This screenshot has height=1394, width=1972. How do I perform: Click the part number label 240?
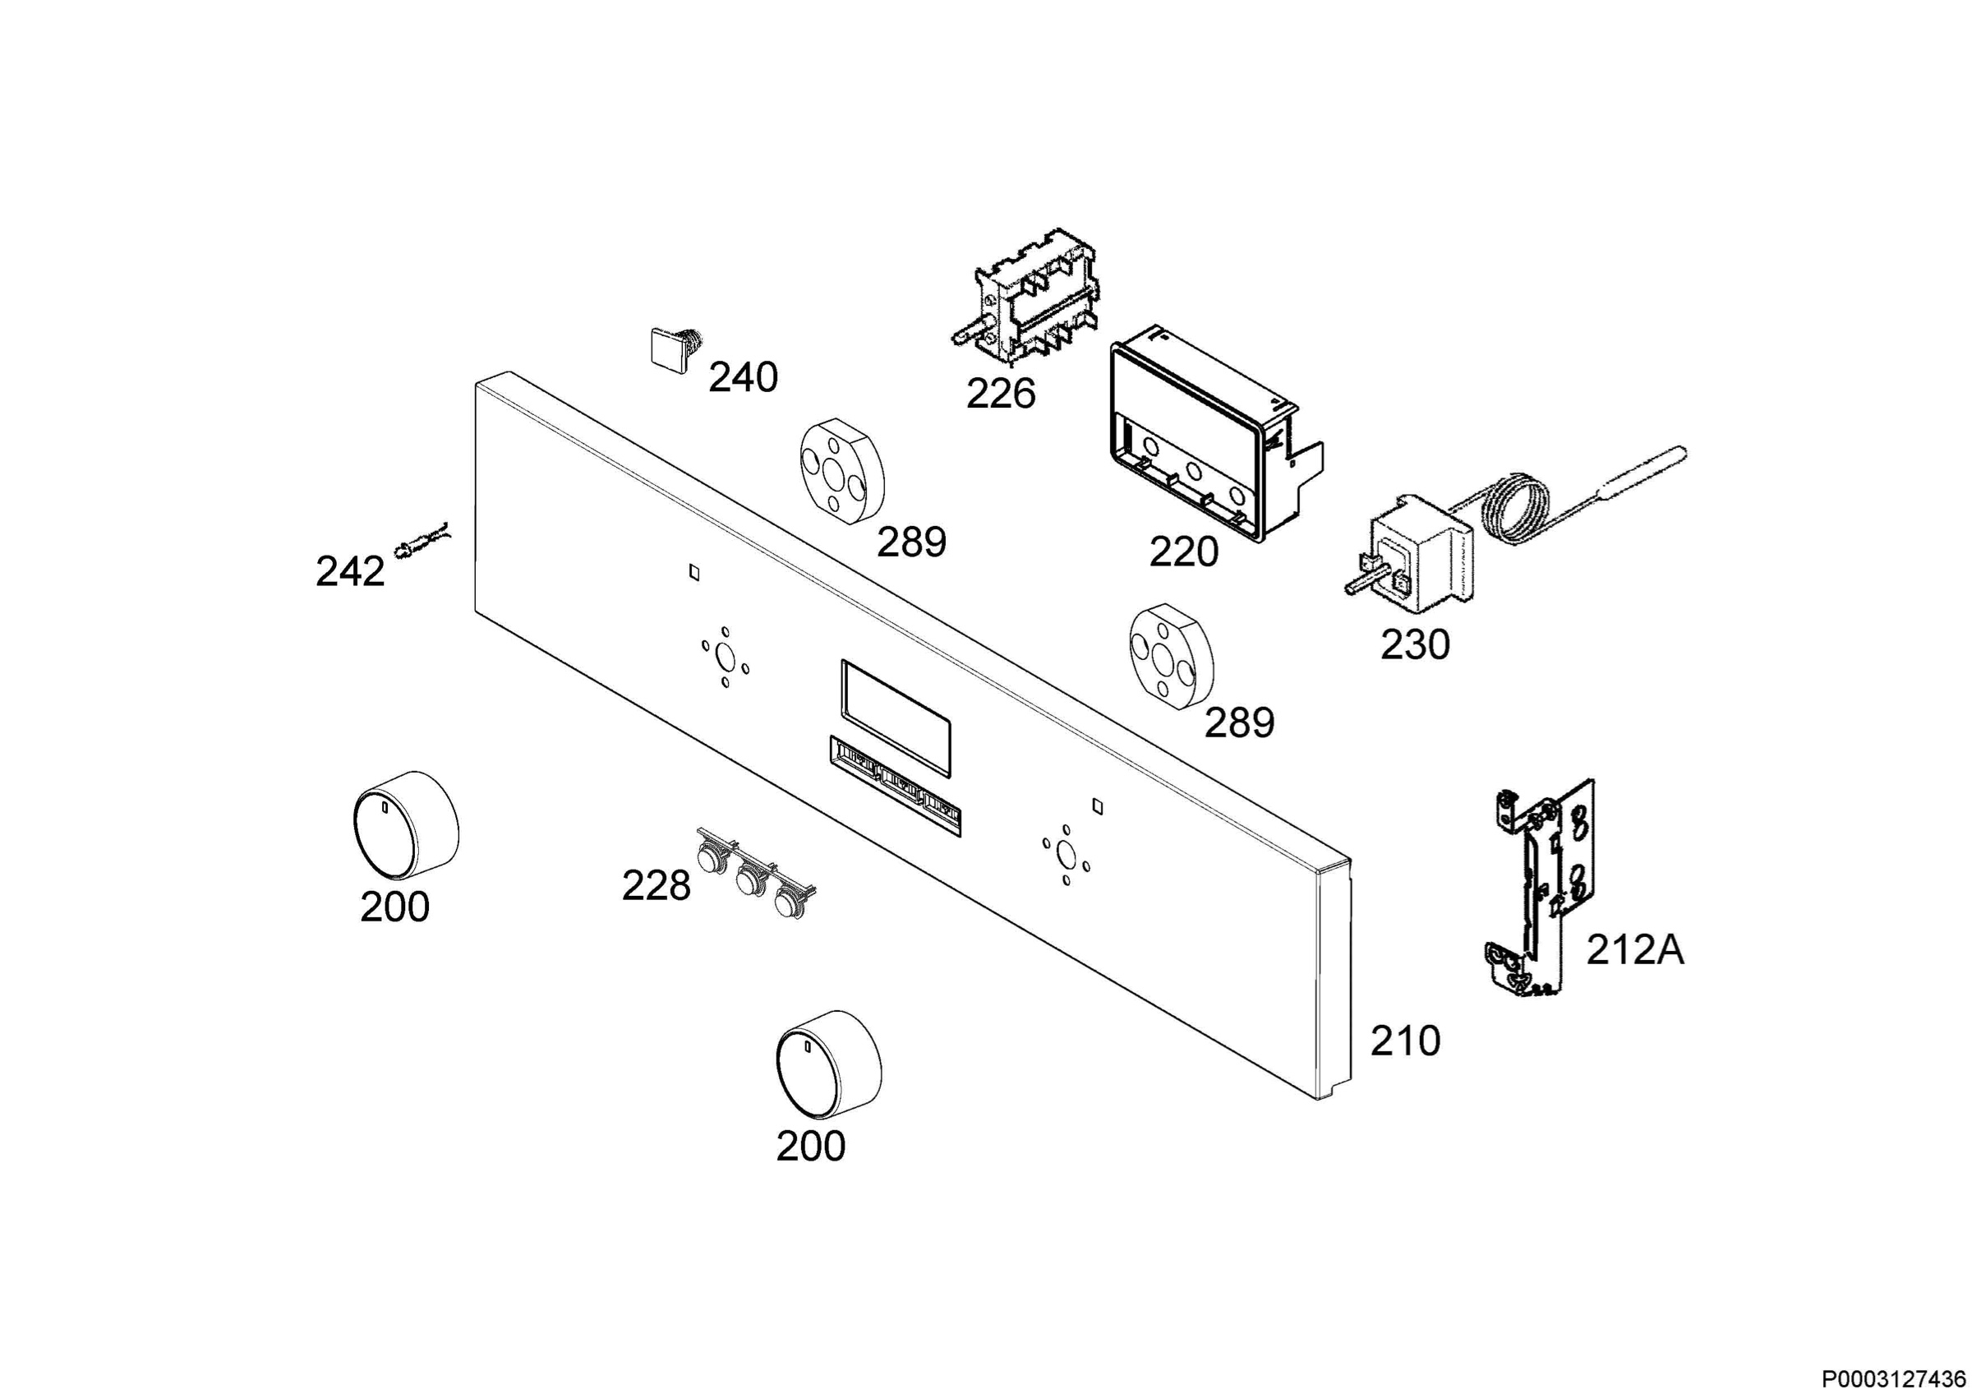pos(743,378)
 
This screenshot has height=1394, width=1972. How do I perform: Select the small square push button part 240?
pos(675,349)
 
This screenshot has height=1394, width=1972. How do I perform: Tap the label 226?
pos(1001,395)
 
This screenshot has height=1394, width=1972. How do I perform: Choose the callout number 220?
pos(1184,552)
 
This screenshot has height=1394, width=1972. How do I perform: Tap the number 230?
pos(1416,644)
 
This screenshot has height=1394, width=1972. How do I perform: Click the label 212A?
pos(1635,950)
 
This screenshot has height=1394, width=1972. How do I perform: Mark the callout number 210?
pos(1405,1041)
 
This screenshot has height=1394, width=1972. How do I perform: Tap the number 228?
pos(657,886)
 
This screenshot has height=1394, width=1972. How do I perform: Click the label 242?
pos(350,572)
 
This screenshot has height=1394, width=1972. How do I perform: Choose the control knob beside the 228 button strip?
pos(406,824)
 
